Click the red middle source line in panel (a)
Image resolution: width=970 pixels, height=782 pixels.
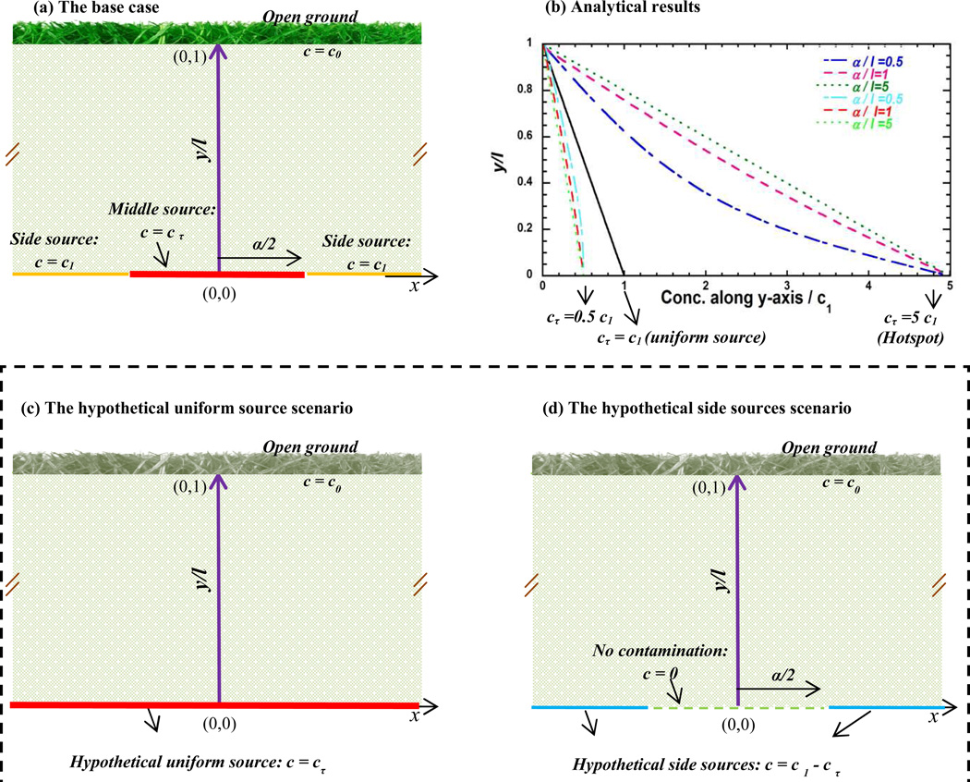(x=216, y=275)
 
